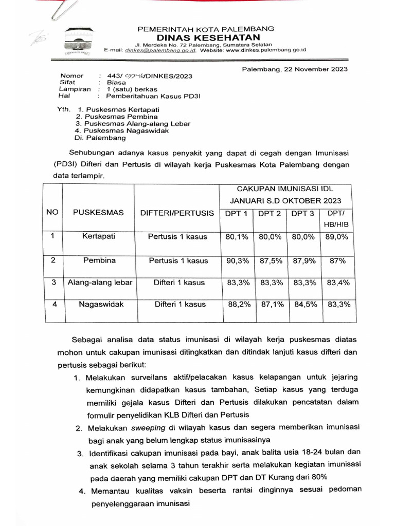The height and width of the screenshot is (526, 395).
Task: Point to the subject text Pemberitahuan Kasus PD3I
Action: [x=148, y=96]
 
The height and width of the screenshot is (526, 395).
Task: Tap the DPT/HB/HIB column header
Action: [x=336, y=219]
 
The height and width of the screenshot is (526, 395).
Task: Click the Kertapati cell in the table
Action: [x=98, y=237]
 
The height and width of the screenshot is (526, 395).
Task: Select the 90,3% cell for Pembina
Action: [x=237, y=261]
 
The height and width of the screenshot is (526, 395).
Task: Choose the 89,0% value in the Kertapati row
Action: [x=337, y=237]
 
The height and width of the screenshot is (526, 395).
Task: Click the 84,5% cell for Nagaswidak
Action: [x=303, y=305]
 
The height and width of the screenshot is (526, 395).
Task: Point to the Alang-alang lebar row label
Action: [x=100, y=283]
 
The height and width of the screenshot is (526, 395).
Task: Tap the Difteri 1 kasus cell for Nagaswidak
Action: [x=179, y=305]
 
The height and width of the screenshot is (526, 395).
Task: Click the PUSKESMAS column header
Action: [x=98, y=213]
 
